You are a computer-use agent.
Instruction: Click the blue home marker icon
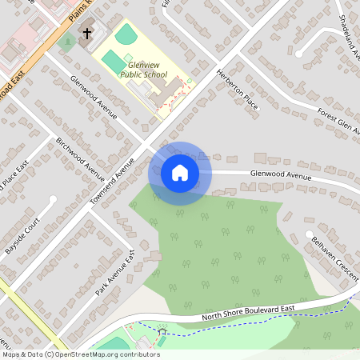pos(180,172)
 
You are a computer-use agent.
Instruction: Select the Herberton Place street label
pos(238,90)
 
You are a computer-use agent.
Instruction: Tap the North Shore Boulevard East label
pos(248,314)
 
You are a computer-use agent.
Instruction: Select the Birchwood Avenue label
pos(81,158)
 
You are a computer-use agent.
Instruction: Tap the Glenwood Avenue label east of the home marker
pos(279,175)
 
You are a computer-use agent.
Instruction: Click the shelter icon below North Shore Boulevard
pos(162,330)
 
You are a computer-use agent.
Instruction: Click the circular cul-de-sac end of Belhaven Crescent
pos(310,234)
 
